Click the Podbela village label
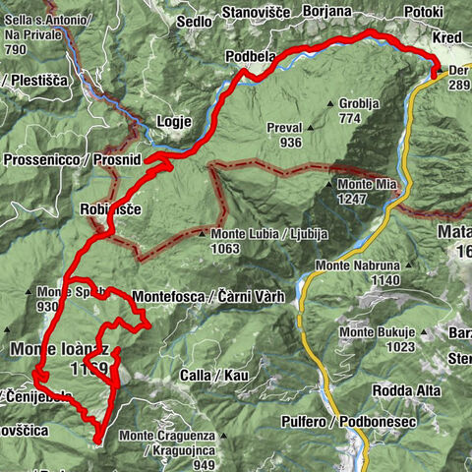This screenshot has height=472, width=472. point(250,56)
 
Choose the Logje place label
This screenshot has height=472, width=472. point(174,121)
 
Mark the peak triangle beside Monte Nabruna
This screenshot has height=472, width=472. point(309,265)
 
